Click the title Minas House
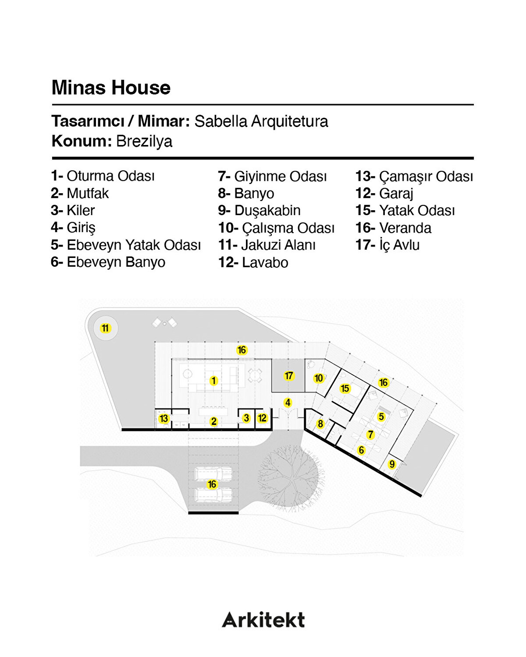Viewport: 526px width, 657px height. click(111, 88)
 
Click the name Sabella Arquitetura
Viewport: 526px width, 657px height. click(261, 121)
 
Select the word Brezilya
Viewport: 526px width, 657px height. click(144, 141)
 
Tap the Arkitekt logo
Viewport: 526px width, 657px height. click(263, 619)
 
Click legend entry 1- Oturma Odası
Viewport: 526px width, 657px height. click(103, 176)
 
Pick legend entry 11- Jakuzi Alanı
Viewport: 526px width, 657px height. click(267, 245)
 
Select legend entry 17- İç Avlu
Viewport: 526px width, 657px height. click(387, 245)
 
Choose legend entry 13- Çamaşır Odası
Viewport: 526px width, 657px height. click(414, 177)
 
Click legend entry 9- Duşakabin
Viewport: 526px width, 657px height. click(259, 211)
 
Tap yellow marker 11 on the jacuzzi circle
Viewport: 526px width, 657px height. click(105, 328)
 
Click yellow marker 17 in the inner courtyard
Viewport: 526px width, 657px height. click(288, 376)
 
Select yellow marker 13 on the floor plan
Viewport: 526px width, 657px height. click(164, 419)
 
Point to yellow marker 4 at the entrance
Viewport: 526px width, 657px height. click(288, 403)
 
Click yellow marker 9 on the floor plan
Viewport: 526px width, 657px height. click(392, 464)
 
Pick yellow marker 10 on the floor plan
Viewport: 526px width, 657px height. click(319, 378)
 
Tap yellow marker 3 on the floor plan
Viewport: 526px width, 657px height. click(246, 418)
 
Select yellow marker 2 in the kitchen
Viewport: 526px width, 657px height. click(213, 421)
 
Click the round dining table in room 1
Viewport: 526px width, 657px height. click(255, 375)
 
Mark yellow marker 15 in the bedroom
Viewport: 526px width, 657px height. click(345, 389)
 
